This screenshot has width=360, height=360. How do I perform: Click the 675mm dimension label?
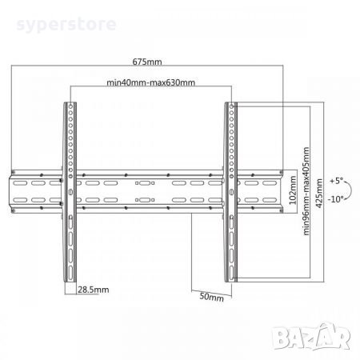(x=147, y=62)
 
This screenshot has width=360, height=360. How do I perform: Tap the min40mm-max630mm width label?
(x=150, y=82)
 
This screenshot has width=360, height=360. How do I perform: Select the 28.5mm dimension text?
(x=93, y=290)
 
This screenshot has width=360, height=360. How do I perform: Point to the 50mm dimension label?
(x=212, y=297)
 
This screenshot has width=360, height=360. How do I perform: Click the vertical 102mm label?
(x=293, y=190)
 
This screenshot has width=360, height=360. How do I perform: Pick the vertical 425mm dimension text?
(x=319, y=194)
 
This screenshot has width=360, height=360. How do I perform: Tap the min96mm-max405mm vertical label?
(x=306, y=191)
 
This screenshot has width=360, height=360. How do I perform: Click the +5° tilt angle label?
(x=337, y=181)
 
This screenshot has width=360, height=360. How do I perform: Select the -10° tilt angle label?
(x=336, y=199)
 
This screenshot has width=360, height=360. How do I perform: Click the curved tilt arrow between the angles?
(x=351, y=190)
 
